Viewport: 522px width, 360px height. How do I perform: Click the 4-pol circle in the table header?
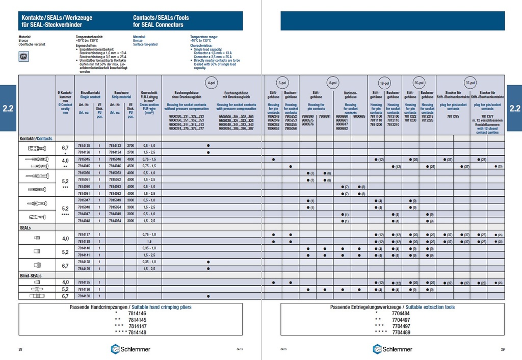tap(211, 83)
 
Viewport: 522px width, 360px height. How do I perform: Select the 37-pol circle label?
tap(470, 83)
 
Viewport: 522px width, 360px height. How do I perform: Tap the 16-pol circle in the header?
tap(385, 83)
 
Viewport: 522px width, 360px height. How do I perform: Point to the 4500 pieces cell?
tap(130, 166)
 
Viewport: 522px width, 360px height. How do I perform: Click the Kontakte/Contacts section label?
tap(36, 138)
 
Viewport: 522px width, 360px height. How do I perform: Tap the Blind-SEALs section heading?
tap(31, 275)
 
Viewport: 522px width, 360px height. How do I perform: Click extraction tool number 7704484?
tap(401, 314)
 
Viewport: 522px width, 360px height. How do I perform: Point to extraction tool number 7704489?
tap(401, 332)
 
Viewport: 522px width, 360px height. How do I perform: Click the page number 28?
tap(20, 349)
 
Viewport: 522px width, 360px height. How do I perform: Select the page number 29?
tap(502, 349)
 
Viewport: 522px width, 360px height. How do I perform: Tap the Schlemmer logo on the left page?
tap(130, 349)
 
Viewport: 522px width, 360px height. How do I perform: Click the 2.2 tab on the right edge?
tap(515, 108)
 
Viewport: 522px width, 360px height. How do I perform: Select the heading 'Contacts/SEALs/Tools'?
tap(161, 17)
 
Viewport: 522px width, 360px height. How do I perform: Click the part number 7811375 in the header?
tap(453, 116)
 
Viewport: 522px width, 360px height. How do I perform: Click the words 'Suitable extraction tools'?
tap(428, 307)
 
